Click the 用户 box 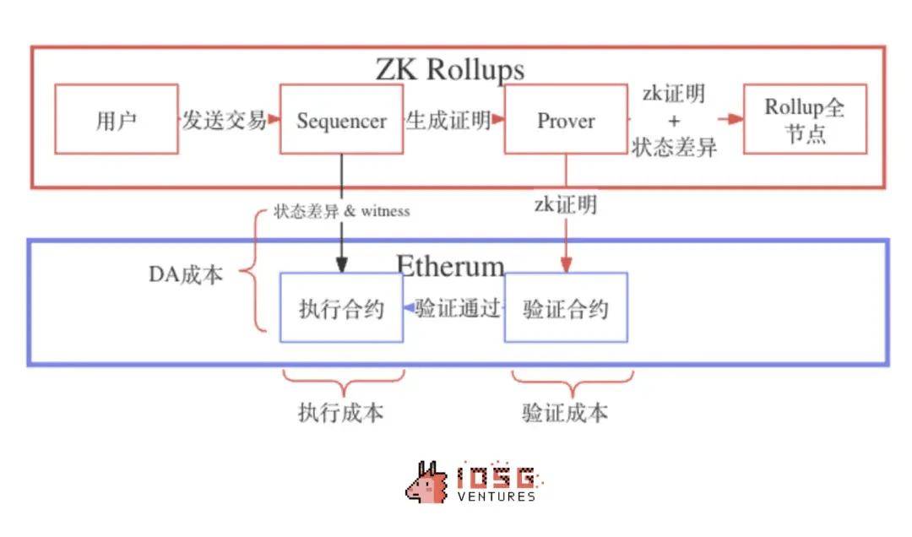pos(117,119)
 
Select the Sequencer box pos(341,119)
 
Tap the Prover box pos(566,119)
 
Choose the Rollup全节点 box pos(805,119)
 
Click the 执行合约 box pos(341,307)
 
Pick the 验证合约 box pos(566,307)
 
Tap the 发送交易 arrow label pos(225,120)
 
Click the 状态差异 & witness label pos(341,211)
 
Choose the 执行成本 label pos(340,412)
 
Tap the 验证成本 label pos(565,412)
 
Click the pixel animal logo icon pos(427,483)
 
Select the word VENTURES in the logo pos(497,496)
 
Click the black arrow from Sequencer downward pos(341,211)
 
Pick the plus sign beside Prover pos(673,121)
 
